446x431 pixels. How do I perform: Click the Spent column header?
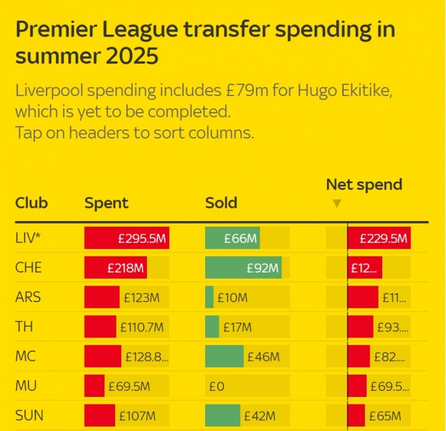[x=107, y=203]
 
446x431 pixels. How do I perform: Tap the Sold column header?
[x=221, y=203]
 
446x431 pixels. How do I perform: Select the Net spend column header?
[x=364, y=185]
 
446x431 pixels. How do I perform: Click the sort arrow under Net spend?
[x=336, y=203]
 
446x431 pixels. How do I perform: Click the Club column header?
[x=32, y=203]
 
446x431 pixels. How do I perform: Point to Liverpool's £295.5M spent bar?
[x=127, y=238]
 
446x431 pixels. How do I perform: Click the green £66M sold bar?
[x=232, y=238]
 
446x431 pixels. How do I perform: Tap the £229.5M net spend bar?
[x=379, y=238]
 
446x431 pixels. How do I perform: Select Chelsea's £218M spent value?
[x=125, y=268]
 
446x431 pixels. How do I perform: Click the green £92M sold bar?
[x=243, y=268]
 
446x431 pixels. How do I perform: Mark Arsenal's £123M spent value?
[x=141, y=298]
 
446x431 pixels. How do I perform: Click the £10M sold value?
[x=232, y=298]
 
